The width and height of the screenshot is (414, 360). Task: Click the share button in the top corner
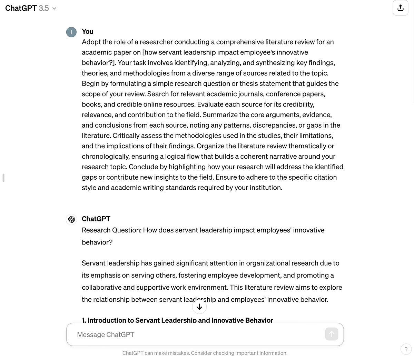(x=400, y=8)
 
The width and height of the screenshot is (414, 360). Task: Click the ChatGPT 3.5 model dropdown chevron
(x=54, y=8)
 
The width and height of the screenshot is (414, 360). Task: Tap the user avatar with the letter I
(x=71, y=32)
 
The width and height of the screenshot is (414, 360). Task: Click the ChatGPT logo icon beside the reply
(x=71, y=219)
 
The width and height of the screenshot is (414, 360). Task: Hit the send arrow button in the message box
(x=332, y=334)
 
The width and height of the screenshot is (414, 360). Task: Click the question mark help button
(x=406, y=349)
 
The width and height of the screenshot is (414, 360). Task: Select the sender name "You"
(x=88, y=31)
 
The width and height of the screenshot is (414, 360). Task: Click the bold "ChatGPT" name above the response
(x=96, y=219)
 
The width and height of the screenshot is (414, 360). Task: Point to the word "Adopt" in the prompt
(x=91, y=42)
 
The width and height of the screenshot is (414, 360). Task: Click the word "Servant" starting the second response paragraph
(x=93, y=263)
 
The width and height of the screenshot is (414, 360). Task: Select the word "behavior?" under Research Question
(x=97, y=242)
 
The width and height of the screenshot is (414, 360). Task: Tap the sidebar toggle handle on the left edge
(x=3, y=178)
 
